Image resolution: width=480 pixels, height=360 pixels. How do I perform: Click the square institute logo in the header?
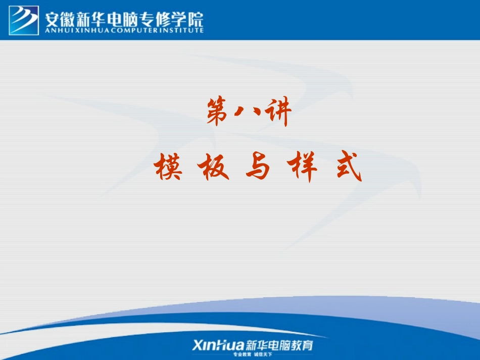tap(24, 20)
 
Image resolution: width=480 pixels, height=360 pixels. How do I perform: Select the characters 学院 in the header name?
tap(189, 18)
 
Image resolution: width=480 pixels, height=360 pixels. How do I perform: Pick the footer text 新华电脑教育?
tap(279, 345)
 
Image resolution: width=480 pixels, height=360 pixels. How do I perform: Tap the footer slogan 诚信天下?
tap(268, 355)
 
